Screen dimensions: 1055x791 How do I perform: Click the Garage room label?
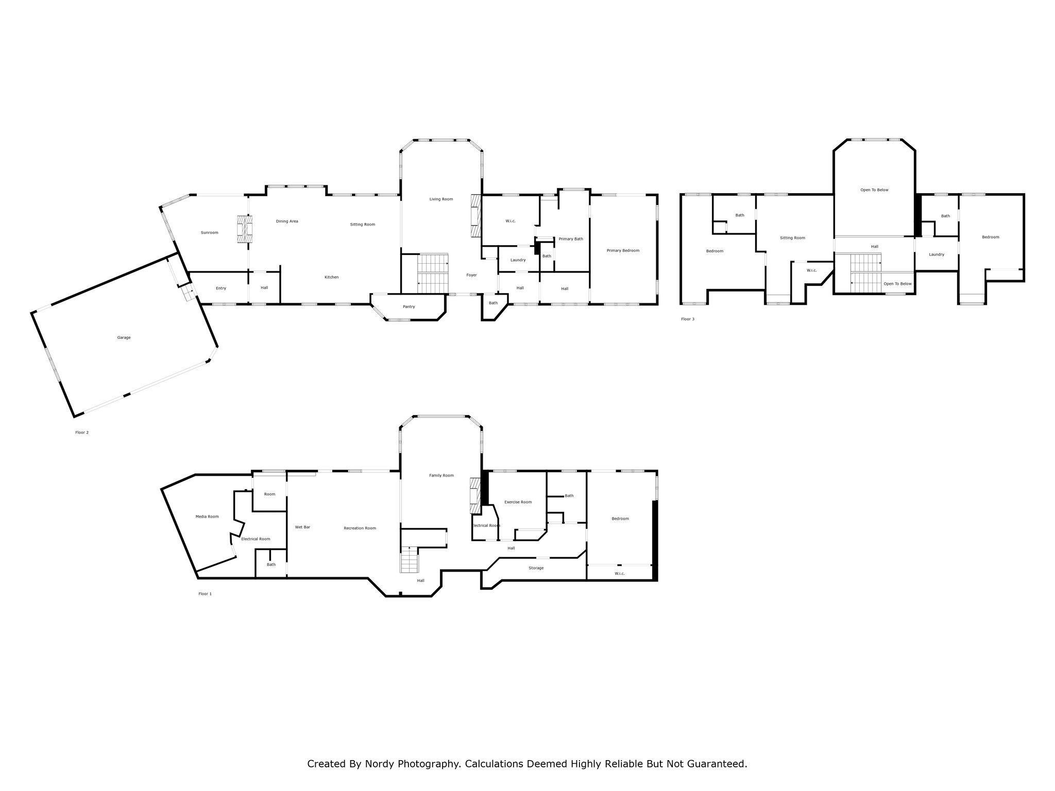pos(124,338)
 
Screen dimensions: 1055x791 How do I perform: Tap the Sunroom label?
pos(209,233)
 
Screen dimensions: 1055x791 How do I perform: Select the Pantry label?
pos(409,307)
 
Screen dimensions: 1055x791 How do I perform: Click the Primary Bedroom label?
pos(623,251)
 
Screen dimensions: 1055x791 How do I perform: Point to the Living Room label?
pos(441,199)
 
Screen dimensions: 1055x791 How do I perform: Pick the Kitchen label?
pos(331,278)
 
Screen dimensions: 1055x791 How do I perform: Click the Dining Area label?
pos(287,221)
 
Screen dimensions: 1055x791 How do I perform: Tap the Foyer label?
pos(471,275)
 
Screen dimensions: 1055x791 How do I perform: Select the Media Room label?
pos(207,517)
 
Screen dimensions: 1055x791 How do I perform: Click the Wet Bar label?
pos(302,527)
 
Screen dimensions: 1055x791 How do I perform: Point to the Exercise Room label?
pos(518,502)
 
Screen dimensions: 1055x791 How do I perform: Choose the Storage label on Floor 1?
pos(536,568)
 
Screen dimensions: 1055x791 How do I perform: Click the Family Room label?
pos(441,475)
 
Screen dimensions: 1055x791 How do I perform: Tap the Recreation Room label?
pos(360,528)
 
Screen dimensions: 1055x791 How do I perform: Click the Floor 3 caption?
pos(688,319)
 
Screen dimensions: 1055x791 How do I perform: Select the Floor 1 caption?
pos(205,594)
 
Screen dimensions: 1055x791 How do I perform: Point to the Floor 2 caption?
pos(82,433)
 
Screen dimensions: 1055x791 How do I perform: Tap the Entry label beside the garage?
pos(221,288)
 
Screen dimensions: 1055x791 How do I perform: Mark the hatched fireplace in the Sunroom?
pos(245,229)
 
